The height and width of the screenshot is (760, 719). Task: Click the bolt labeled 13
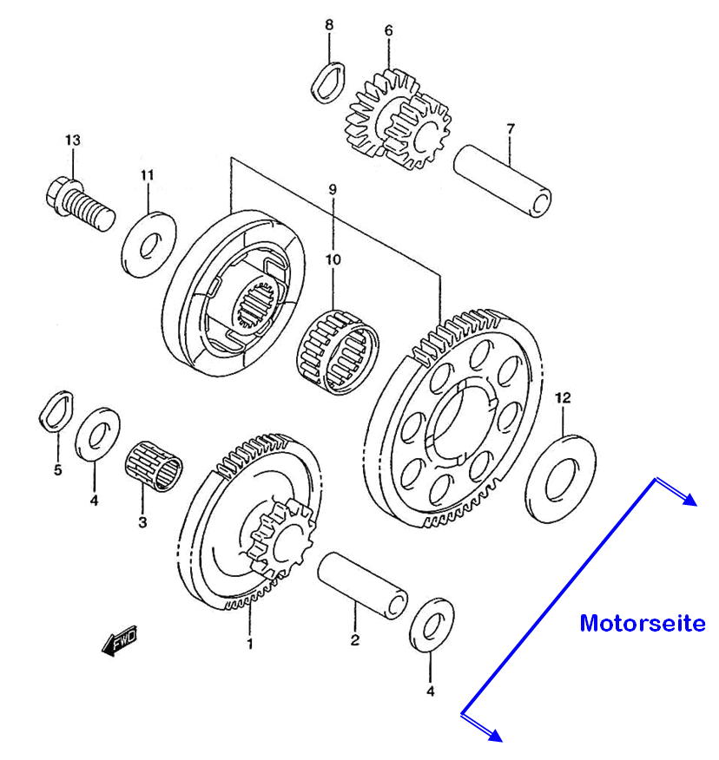click(80, 204)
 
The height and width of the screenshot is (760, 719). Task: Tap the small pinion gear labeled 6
click(398, 119)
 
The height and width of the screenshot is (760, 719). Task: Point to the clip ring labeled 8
click(328, 82)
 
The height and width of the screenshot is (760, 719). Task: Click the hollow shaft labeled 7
click(502, 180)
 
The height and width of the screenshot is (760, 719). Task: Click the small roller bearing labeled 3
click(154, 465)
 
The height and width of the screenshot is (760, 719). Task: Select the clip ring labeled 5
click(56, 410)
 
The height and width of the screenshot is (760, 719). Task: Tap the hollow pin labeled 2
click(362, 586)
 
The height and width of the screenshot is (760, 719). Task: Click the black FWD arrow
click(119, 641)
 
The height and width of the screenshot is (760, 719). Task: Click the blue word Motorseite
click(643, 623)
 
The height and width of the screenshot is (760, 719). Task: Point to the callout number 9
click(333, 189)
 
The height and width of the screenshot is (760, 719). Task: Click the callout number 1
click(250, 644)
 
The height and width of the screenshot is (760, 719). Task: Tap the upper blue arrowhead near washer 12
click(689, 500)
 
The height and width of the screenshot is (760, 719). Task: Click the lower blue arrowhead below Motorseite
click(495, 735)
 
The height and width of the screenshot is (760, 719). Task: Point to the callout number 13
click(73, 140)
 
